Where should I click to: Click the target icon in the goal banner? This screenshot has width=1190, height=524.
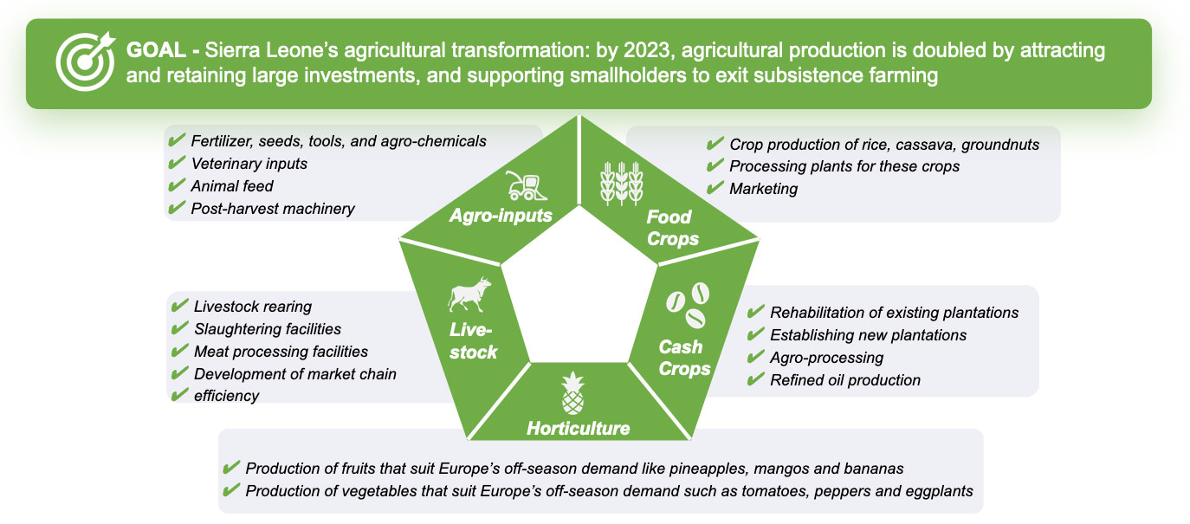pos(86,61)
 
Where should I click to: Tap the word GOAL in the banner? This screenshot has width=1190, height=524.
pos(156,50)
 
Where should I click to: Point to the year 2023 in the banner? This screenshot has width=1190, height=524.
pos(646,50)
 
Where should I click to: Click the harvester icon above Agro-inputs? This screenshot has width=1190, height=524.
pos(526,185)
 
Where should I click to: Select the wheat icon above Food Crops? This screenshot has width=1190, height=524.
pos(622,184)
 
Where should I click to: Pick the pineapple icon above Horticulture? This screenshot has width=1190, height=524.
pos(572,392)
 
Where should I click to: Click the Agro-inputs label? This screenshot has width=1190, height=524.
pos(501,216)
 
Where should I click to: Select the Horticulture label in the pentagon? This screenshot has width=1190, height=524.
pos(578,429)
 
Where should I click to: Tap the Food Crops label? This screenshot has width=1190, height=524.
pos(672,228)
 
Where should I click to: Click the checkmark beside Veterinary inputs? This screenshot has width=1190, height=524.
pos(177,162)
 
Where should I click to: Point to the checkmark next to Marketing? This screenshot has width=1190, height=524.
pos(715,187)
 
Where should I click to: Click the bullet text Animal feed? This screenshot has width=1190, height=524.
pos(231,186)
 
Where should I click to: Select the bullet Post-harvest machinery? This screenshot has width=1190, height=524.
pos(273,209)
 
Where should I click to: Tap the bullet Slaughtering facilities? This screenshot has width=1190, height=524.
pos(268,329)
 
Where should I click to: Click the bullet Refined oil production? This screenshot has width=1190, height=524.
pos(845,380)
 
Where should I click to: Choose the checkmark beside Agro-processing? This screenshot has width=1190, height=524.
pos(755,357)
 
